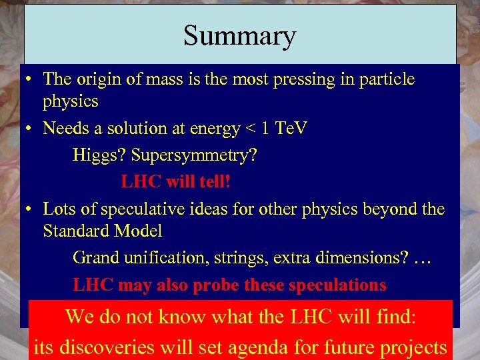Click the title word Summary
pos(239,35)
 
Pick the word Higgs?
pos(99,155)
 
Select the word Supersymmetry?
pos(193,155)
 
